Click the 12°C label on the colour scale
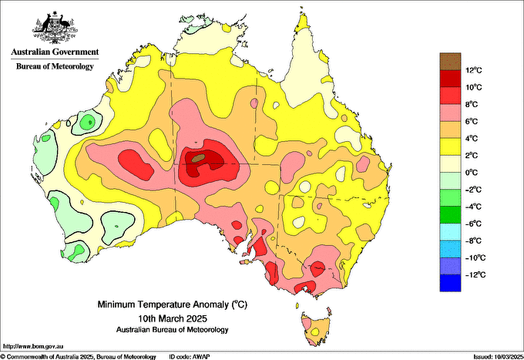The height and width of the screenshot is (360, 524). pyautogui.click(x=474, y=70)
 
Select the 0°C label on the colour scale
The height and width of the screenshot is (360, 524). pyautogui.click(x=472, y=173)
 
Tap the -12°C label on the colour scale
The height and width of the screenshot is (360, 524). pyautogui.click(x=475, y=274)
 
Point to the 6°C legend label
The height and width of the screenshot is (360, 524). pyautogui.click(x=472, y=121)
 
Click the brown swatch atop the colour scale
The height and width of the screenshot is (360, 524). pyautogui.click(x=450, y=62)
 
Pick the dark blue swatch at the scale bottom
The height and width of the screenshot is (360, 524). pyautogui.click(x=450, y=283)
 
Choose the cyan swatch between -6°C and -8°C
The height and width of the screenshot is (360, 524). pyautogui.click(x=450, y=232)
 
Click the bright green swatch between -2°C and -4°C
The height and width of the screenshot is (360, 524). pyautogui.click(x=450, y=198)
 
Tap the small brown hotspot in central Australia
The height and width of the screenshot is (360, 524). pyautogui.click(x=198, y=158)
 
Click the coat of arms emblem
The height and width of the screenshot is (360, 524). pyautogui.click(x=55, y=28)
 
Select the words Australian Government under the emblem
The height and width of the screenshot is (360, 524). pyautogui.click(x=55, y=52)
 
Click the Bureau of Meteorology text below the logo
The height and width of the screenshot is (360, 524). pyautogui.click(x=55, y=66)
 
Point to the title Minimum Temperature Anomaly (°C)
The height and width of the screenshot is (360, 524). pyautogui.click(x=173, y=304)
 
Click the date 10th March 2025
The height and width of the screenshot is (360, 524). pyautogui.click(x=173, y=318)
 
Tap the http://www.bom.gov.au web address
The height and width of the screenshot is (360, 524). pyautogui.click(x=33, y=346)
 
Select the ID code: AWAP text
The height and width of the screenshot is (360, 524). pyautogui.click(x=190, y=357)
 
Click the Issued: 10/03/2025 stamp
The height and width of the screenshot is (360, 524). pyautogui.click(x=499, y=357)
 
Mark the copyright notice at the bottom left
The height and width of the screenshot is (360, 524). pyautogui.click(x=79, y=357)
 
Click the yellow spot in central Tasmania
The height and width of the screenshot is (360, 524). pyautogui.click(x=315, y=332)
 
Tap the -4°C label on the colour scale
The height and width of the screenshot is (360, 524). pyautogui.click(x=473, y=207)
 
